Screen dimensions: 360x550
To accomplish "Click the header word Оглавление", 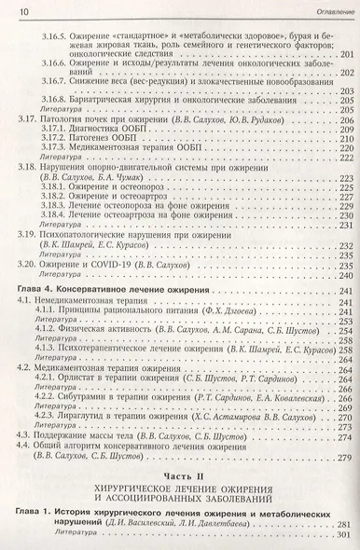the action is coord(324,10).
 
